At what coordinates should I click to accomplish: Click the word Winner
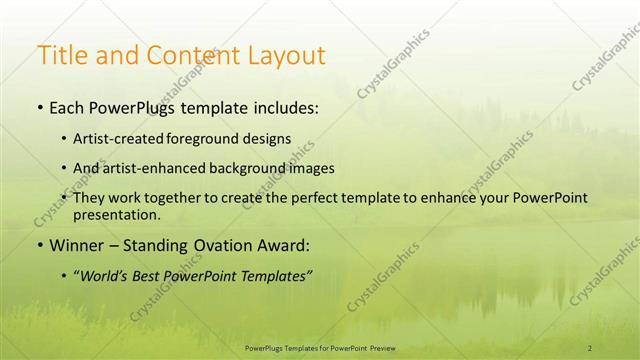pyautogui.click(x=77, y=246)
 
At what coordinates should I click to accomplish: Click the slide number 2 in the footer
pyautogui.click(x=589, y=348)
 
